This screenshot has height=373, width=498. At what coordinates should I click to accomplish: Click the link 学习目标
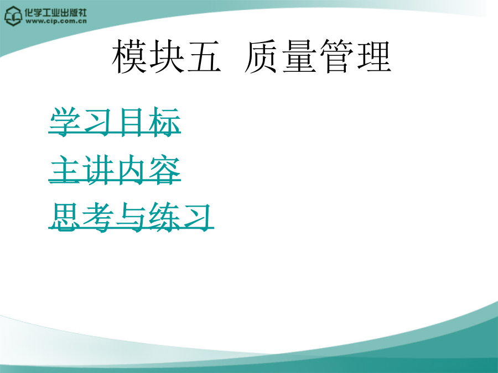(x=115, y=122)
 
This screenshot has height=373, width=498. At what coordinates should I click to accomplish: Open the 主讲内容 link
(x=115, y=170)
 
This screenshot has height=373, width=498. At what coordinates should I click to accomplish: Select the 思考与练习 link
(x=131, y=217)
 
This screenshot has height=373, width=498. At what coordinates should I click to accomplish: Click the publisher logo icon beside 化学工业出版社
(x=13, y=16)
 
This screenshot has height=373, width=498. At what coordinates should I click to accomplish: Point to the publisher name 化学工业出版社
(x=56, y=12)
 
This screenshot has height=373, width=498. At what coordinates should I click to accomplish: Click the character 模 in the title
(x=129, y=56)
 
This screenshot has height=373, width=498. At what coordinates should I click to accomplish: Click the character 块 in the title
(x=167, y=56)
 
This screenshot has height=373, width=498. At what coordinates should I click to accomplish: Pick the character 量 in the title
(x=299, y=56)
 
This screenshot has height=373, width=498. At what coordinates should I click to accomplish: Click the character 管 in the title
(x=336, y=56)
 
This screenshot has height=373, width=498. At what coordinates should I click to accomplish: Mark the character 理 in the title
(x=374, y=56)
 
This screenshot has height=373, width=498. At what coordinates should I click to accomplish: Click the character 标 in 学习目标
(x=164, y=122)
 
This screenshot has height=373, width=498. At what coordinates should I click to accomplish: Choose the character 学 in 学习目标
(x=65, y=122)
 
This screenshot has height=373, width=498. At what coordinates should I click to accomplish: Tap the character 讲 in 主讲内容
(x=98, y=170)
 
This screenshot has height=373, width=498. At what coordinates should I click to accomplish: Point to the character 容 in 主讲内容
(x=164, y=170)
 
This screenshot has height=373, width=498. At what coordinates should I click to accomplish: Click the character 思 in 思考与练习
(x=65, y=217)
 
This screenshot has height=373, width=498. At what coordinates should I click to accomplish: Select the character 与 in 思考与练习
(x=131, y=217)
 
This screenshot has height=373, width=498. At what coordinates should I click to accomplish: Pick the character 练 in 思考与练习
(x=164, y=217)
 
